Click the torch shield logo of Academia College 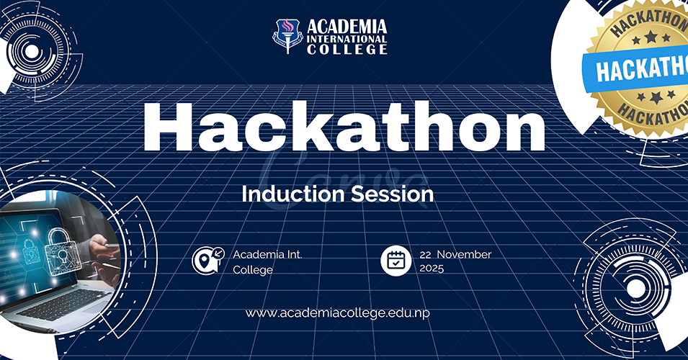tap(288, 36)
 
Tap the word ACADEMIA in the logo tap(347, 27)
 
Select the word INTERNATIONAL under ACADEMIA tap(347, 40)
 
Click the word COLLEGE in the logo tap(347, 50)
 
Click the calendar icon tap(396, 261)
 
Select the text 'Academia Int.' tap(268, 254)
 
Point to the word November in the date tap(464, 254)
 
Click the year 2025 tap(432, 269)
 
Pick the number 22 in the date tap(425, 255)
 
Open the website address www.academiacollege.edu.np tap(337, 313)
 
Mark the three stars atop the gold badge tap(651, 37)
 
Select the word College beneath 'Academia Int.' tap(253, 270)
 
